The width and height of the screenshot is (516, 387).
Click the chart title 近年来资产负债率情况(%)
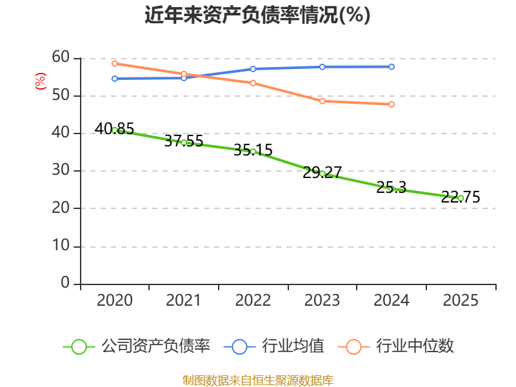tap(257, 15)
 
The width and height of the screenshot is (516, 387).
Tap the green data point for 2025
tap(461, 198)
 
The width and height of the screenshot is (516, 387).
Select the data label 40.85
tap(114, 128)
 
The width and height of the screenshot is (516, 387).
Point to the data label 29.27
tap(322, 172)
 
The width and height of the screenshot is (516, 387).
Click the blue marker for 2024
tap(392, 67)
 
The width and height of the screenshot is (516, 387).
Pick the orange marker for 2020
tap(115, 63)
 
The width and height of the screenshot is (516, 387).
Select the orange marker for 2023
tap(322, 101)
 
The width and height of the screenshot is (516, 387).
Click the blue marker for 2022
tap(253, 69)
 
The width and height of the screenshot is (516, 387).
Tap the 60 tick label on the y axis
tap(61, 57)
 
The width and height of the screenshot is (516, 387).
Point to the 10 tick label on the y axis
tap(61, 246)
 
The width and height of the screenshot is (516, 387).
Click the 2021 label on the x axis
tap(183, 301)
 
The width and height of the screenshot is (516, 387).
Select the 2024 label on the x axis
tap(392, 301)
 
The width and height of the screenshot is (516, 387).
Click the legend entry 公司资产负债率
tap(137, 346)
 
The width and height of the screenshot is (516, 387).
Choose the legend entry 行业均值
tap(273, 346)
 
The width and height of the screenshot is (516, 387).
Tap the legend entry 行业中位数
tap(395, 346)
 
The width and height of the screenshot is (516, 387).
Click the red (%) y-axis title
tap(41, 81)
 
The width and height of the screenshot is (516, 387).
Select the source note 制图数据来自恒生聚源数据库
tap(257, 381)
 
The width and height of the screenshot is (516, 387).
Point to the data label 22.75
tap(461, 197)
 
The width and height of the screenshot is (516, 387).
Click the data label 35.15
tap(253, 150)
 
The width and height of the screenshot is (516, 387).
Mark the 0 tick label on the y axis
tap(65, 283)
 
